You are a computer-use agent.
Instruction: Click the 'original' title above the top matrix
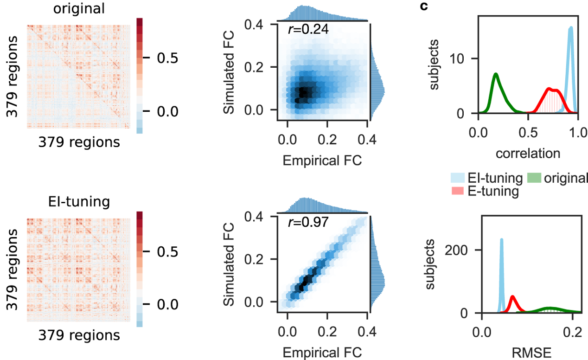pyautogui.click(x=72, y=9)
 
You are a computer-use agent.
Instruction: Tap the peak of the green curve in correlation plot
pyautogui.click(x=496, y=74)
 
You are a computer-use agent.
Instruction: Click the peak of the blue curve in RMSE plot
pyautogui.click(x=501, y=239)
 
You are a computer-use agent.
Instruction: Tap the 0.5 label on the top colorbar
pyautogui.click(x=166, y=58)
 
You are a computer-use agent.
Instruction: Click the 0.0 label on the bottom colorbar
pyautogui.click(x=166, y=304)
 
